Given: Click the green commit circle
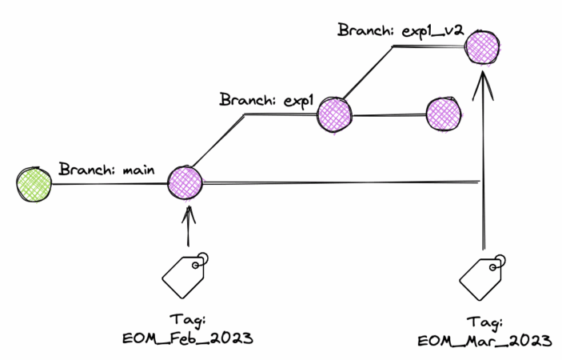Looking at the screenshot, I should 34,185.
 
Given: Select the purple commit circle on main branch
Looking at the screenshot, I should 186,182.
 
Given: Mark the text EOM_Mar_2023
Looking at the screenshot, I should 484,341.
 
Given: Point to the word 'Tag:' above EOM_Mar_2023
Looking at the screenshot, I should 484,321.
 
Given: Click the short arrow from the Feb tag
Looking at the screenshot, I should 188,228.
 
